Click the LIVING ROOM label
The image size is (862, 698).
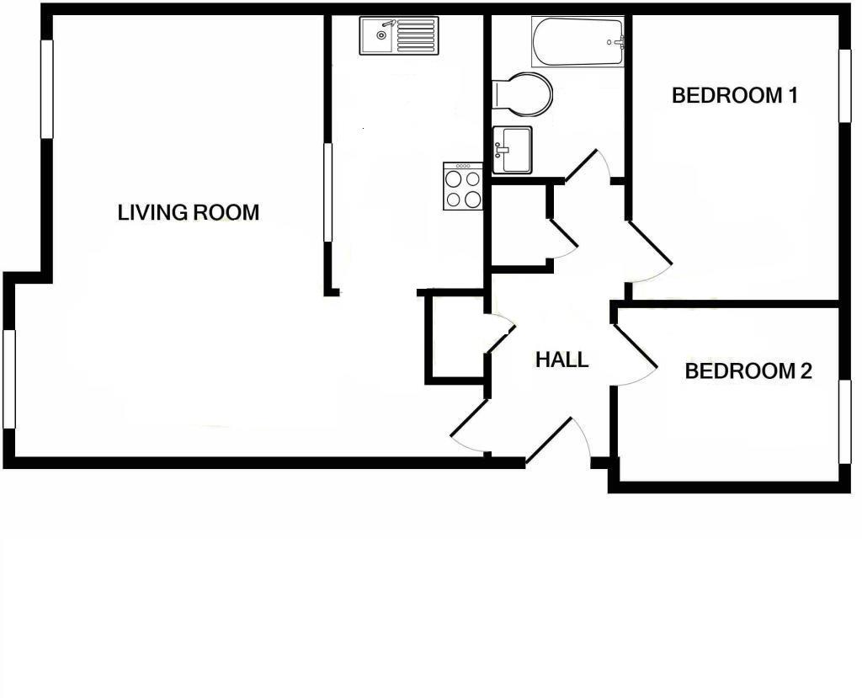point(189,212)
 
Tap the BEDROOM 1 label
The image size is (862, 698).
point(734,95)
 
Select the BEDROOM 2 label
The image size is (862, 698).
point(748,370)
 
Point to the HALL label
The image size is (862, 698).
point(561,360)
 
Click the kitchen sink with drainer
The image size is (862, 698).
point(399,36)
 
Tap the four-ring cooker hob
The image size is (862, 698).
point(463,187)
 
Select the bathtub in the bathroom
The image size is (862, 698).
point(577,42)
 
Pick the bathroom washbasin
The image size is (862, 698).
point(512,149)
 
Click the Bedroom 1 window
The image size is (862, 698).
point(843,85)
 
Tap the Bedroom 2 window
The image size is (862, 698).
point(843,421)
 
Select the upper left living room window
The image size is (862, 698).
point(47,89)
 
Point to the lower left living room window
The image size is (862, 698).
point(9,379)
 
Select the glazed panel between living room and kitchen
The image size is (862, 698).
point(327,193)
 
